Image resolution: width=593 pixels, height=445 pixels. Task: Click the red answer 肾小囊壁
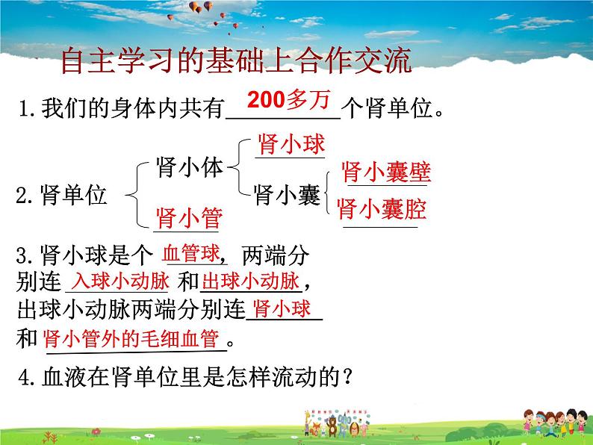click(386, 172)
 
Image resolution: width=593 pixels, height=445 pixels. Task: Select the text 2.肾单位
click(62, 196)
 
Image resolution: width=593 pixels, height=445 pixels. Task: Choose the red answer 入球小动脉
click(119, 282)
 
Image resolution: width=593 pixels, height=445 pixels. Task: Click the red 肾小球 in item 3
click(282, 309)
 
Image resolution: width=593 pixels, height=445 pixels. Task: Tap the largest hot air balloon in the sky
click(200, 7)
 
